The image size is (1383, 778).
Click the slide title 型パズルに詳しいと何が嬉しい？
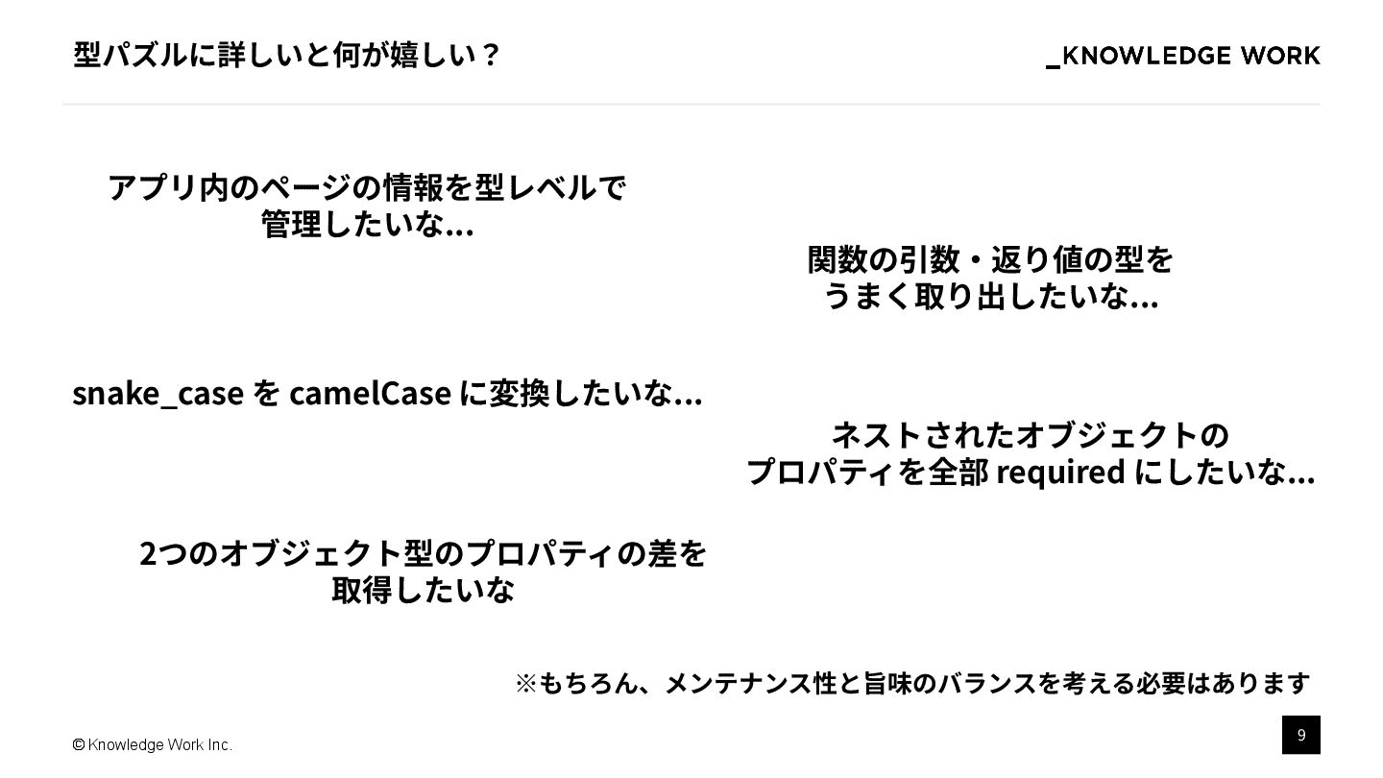click(x=286, y=55)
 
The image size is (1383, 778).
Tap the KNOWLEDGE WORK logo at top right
click(x=1182, y=57)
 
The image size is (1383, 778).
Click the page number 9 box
click(x=1300, y=735)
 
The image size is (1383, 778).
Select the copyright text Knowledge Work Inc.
click(x=159, y=745)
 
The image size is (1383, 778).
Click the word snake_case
click(x=158, y=394)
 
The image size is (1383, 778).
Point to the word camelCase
click(x=370, y=394)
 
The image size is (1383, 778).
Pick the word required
click(x=1060, y=473)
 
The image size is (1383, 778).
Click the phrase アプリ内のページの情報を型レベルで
click(x=367, y=186)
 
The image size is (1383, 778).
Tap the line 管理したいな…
click(x=367, y=225)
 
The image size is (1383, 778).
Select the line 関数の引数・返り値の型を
click(x=990, y=259)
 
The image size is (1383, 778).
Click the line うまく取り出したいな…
click(x=990, y=297)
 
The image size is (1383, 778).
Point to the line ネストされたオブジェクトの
click(x=1030, y=435)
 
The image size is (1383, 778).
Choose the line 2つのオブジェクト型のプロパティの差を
click(x=423, y=553)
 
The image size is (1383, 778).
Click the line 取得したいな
click(x=423, y=590)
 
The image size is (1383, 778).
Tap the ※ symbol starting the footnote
click(x=525, y=683)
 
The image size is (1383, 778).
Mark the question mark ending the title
click(x=490, y=55)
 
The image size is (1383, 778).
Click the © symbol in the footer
click(x=79, y=745)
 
